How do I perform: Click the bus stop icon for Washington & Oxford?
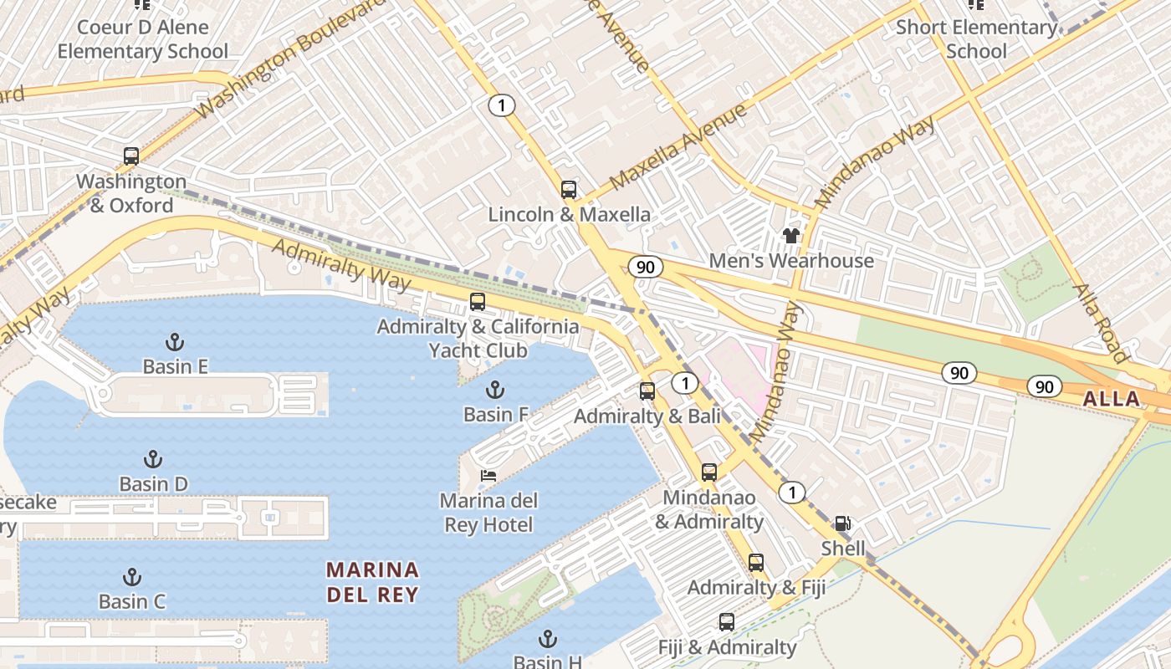(131, 156)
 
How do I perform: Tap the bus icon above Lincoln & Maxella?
(569, 189)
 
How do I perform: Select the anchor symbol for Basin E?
(175, 341)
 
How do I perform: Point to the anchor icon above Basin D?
(153, 459)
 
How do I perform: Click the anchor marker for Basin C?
(132, 577)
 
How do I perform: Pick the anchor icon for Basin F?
(495, 390)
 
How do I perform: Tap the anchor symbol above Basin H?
(548, 639)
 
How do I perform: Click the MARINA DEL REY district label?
(372, 582)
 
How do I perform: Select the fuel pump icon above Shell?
(843, 523)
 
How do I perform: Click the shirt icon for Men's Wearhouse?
(791, 236)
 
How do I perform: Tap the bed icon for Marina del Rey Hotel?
(488, 476)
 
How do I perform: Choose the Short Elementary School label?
(976, 38)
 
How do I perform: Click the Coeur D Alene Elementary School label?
(142, 38)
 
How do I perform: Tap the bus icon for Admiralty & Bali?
(647, 391)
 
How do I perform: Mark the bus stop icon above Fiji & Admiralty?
(727, 622)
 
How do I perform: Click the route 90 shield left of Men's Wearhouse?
(645, 267)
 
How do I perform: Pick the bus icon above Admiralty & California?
(478, 302)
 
